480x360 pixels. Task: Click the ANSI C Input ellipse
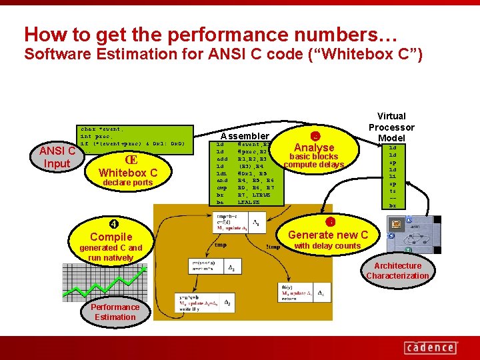pos(57,157)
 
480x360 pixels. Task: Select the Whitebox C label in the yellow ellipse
pos(127,173)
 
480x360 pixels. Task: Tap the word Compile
pos(111,237)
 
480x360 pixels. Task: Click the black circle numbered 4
pos(114,223)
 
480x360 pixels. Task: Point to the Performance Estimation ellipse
pos(115,312)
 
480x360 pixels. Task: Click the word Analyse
pos(314,147)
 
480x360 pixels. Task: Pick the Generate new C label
pos(328,235)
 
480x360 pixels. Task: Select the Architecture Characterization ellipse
pos(398,271)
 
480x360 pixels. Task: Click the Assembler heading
pos(245,135)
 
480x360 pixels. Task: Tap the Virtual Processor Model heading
pos(391,127)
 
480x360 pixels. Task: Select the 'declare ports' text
pos(127,183)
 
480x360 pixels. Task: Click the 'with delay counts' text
pos(327,246)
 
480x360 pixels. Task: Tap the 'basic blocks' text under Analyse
pos(313,157)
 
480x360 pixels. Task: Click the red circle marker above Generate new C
pos(329,222)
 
